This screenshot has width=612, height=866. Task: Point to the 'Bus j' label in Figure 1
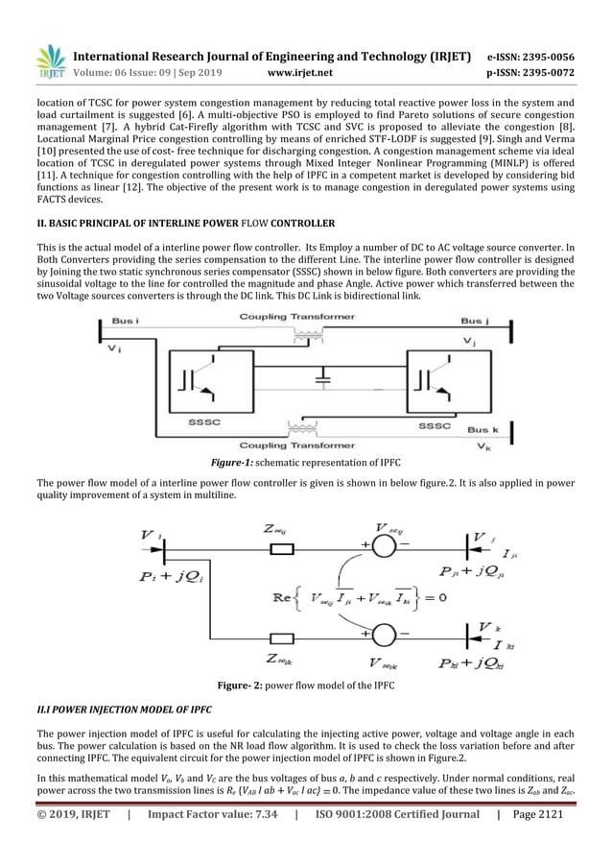(473, 321)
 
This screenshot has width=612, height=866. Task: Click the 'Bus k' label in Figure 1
(483, 430)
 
